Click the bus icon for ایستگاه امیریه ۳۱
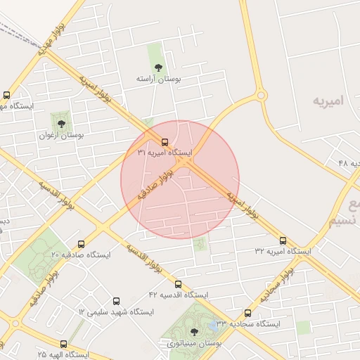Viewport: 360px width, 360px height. point(165,141)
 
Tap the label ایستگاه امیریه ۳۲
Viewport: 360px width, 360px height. point(283,251)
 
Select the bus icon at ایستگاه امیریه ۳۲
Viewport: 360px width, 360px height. point(283,240)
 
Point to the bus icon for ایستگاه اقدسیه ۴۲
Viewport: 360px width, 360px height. point(178,285)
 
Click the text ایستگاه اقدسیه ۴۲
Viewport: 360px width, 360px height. point(178,295)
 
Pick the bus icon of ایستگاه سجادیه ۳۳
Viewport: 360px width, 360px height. point(247,314)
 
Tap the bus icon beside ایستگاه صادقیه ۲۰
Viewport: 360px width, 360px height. point(82,245)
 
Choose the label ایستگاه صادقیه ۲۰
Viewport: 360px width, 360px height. point(82,255)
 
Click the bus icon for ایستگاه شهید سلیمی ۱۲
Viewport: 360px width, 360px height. point(116,301)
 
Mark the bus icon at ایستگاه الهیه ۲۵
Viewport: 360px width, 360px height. point(64,345)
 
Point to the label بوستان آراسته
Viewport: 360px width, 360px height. point(159,80)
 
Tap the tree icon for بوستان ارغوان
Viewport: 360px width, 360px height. point(61,124)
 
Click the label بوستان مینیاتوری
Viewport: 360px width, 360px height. point(194,343)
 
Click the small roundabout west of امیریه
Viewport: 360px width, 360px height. point(261,95)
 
